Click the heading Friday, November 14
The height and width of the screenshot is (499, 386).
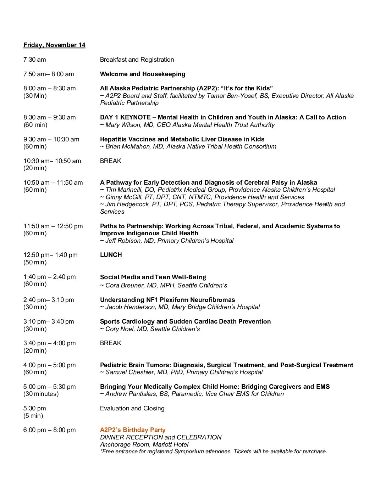[54, 45]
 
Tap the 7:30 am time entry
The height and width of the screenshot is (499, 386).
[35, 60]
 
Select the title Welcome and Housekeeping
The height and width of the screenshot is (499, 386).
[143, 74]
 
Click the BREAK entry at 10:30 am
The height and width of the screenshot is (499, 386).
[111, 161]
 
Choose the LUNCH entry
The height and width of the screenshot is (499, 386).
[111, 255]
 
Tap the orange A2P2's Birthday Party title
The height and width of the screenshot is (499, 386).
[133, 430]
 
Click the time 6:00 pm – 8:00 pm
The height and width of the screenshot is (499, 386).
[50, 430]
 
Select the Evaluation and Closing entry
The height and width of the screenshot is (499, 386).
[132, 408]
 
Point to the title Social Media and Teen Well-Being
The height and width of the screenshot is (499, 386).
[153, 277]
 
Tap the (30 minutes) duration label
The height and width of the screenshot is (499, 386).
[41, 394]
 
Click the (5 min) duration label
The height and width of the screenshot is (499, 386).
[33, 416]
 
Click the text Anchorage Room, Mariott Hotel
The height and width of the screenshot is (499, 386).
[144, 444]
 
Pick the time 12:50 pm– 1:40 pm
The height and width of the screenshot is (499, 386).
[50, 255]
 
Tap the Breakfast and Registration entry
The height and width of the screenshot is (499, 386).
[137, 60]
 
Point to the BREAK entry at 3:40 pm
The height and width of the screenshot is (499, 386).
[111, 343]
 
